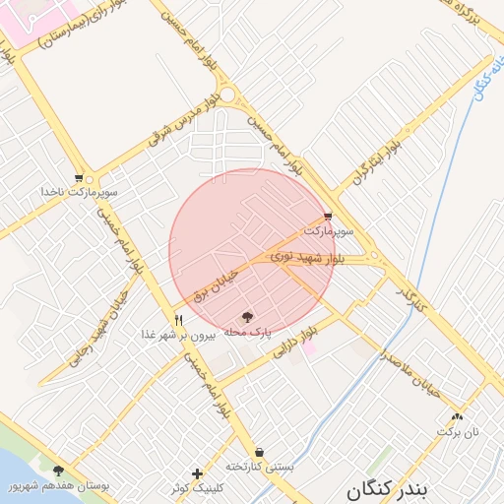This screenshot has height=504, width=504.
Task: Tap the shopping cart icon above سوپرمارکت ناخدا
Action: (90, 179)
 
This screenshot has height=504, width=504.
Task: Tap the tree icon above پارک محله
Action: (247, 317)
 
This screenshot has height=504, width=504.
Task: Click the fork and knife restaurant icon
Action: (178, 319)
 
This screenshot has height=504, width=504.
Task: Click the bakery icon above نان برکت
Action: (457, 416)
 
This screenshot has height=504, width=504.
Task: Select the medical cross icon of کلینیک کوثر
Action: (197, 473)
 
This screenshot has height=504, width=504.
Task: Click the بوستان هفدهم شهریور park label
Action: (59, 486)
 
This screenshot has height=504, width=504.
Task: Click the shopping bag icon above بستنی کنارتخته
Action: (259, 452)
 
